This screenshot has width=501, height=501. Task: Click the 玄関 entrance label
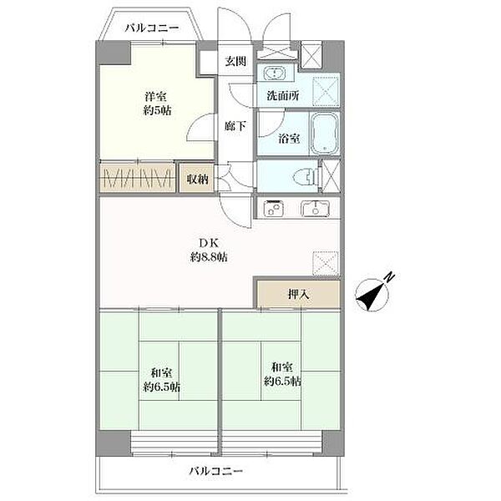click(235, 63)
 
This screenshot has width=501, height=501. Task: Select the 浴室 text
click(288, 139)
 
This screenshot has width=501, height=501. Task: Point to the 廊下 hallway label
click(235, 126)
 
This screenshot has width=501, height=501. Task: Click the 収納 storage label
click(197, 178)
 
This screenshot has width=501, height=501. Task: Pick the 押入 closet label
click(297, 294)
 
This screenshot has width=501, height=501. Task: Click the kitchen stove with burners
click(274, 209)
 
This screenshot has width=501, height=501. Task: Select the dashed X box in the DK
click(326, 263)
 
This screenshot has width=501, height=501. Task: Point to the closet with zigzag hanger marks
click(138, 178)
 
